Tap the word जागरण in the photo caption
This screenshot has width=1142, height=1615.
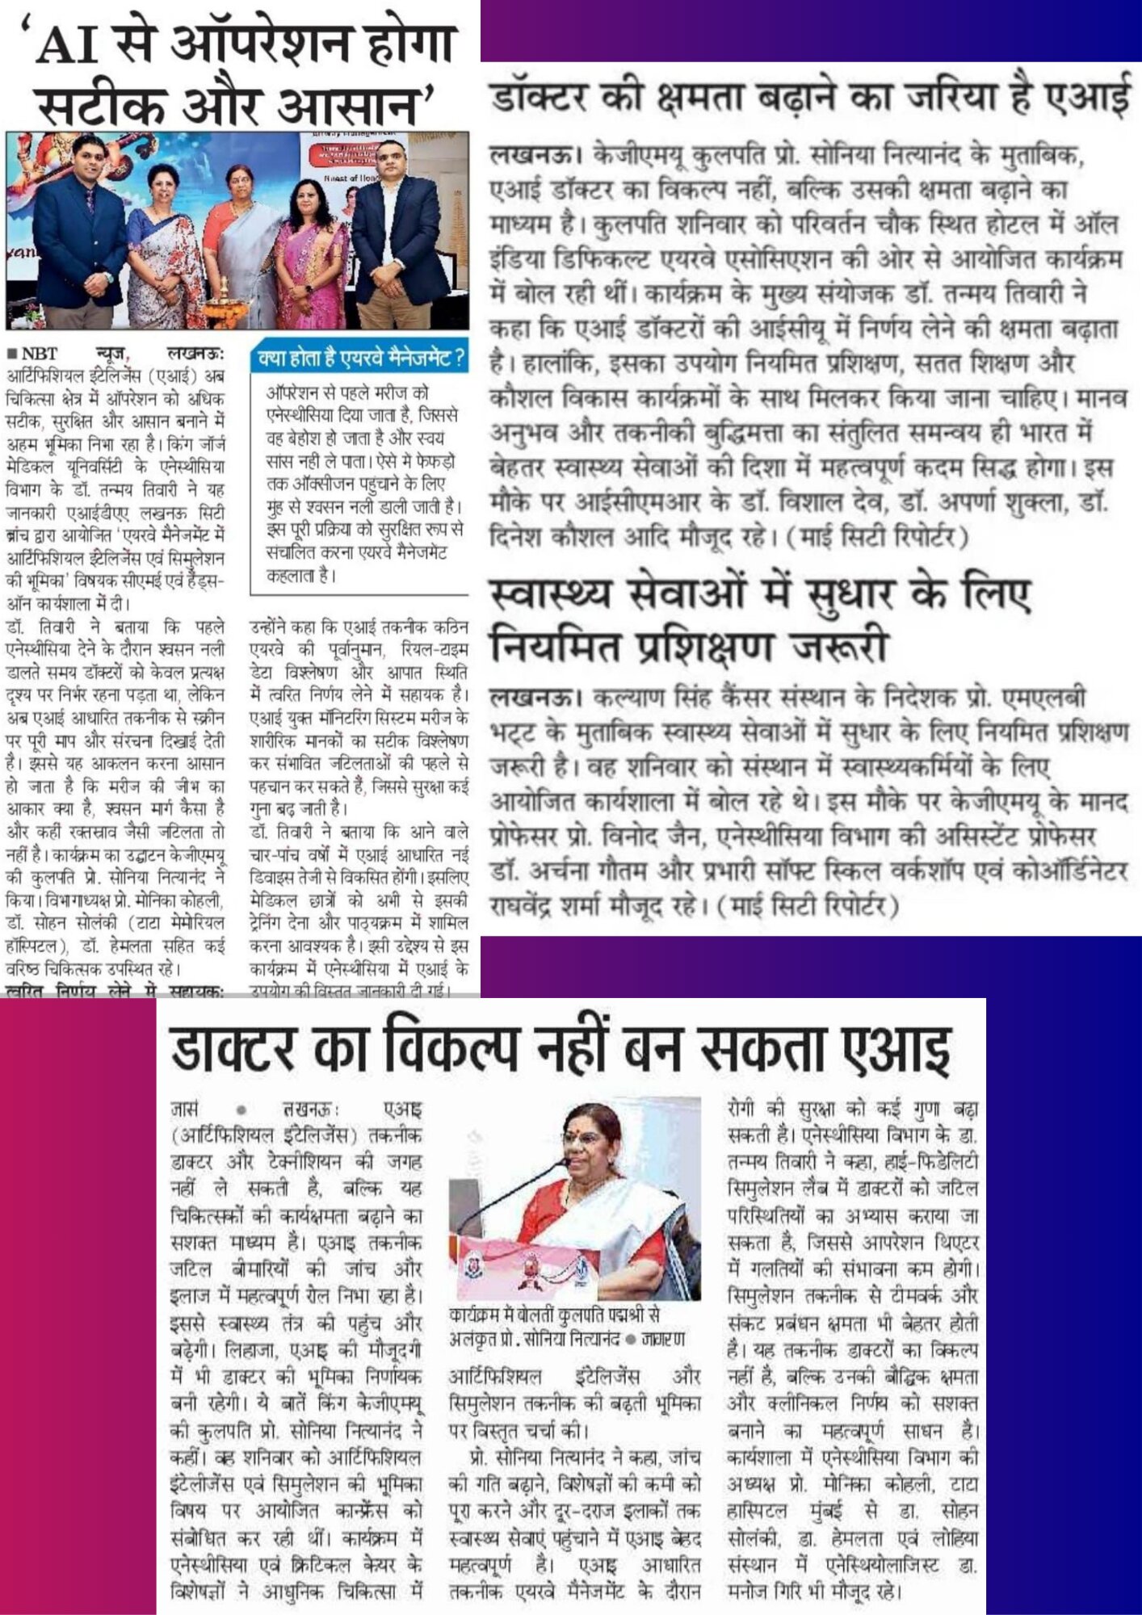click(x=663, y=1340)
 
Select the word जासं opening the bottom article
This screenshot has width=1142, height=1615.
click(x=186, y=1110)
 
